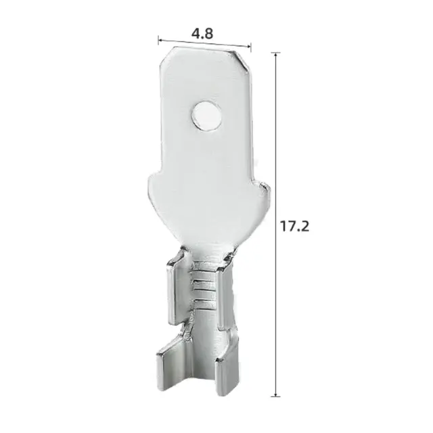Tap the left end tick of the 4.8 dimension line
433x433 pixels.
tap(158, 39)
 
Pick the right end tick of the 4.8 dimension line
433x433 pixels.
tap(251, 47)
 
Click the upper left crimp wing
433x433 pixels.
tap(173, 277)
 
